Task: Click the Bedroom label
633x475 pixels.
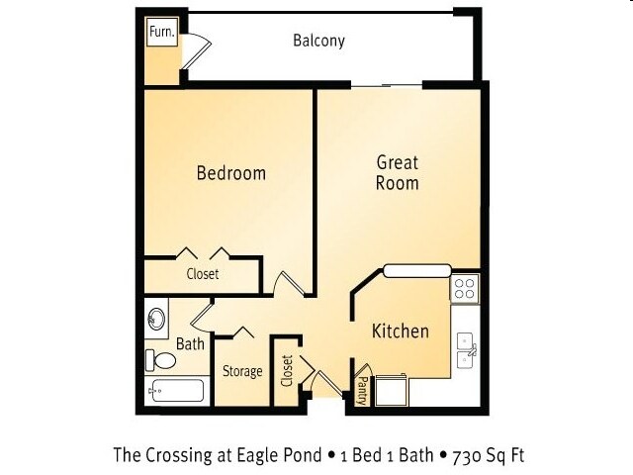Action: pyautogui.click(x=231, y=173)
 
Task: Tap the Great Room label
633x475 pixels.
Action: pyautogui.click(x=398, y=172)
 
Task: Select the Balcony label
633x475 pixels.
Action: pyautogui.click(x=318, y=41)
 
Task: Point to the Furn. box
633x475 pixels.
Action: pyautogui.click(x=162, y=32)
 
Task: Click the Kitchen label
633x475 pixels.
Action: pyautogui.click(x=400, y=332)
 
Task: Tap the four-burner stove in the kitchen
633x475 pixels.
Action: pyautogui.click(x=464, y=288)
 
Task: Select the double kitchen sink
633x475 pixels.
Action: pyautogui.click(x=467, y=350)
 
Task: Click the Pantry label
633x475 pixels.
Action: pyautogui.click(x=362, y=391)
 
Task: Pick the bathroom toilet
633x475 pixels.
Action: pyautogui.click(x=160, y=360)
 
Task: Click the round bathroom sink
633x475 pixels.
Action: pyautogui.click(x=156, y=319)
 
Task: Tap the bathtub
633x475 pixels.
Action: pyautogui.click(x=176, y=391)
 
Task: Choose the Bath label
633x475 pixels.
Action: pyautogui.click(x=190, y=344)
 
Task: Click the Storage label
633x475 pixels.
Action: pyautogui.click(x=242, y=371)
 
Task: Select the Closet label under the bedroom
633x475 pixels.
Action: pyautogui.click(x=203, y=274)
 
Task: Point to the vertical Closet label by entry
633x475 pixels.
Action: pyautogui.click(x=287, y=371)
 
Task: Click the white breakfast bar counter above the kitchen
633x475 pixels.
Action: pyautogui.click(x=417, y=270)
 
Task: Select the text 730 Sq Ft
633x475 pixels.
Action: pyautogui.click(x=488, y=455)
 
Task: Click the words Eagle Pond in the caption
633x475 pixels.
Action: pyautogui.click(x=279, y=455)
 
